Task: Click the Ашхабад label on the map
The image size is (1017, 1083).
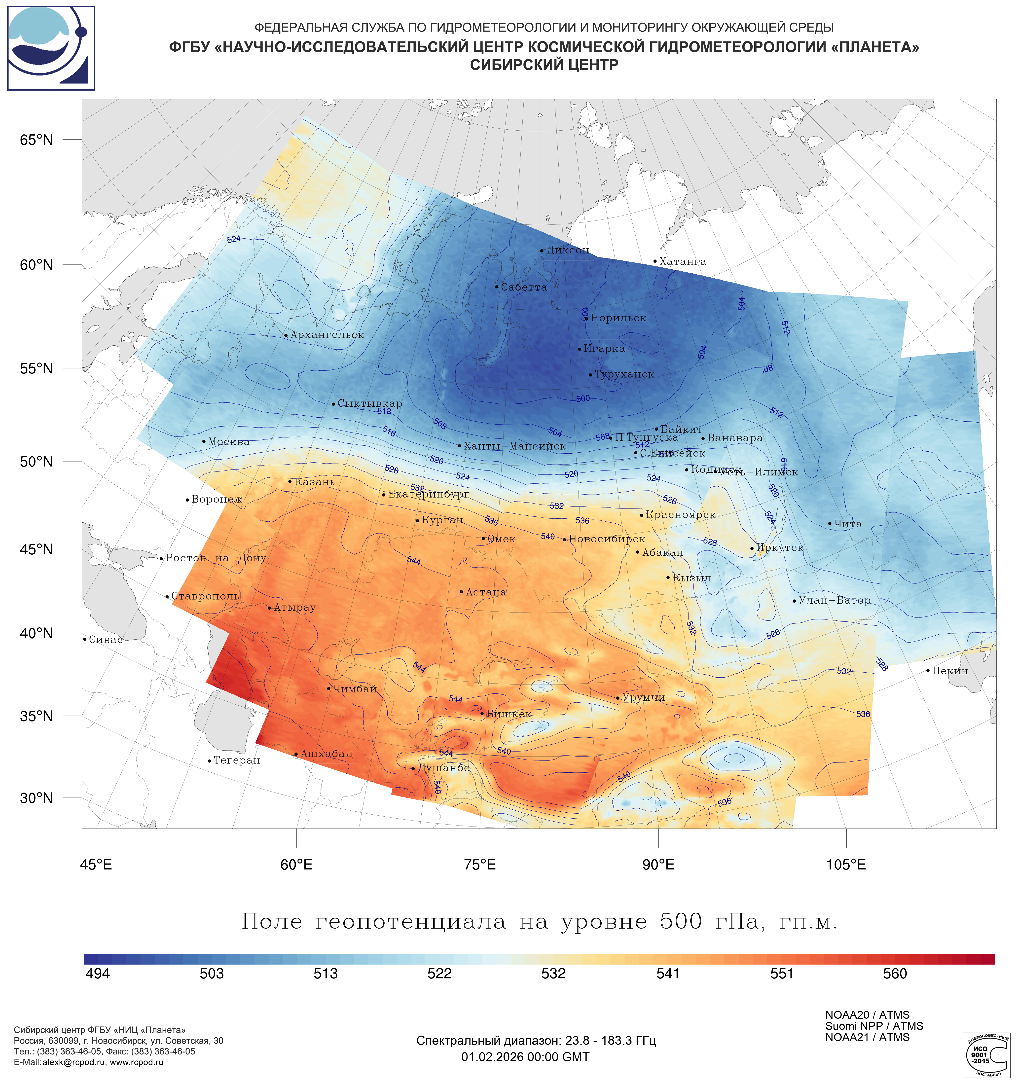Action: [326, 754]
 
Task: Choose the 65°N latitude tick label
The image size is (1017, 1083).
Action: [36, 140]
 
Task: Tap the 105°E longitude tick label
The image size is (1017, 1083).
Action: [846, 865]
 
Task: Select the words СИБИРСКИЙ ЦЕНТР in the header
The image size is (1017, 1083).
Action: [544, 65]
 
